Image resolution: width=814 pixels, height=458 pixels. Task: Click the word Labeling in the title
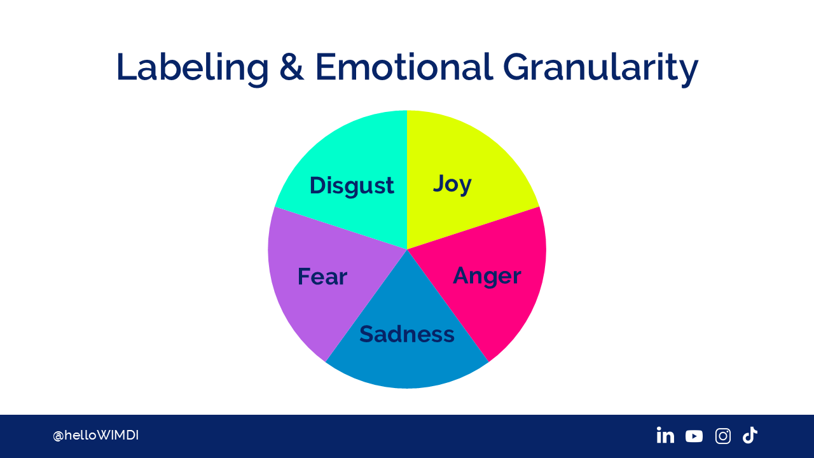pos(193,68)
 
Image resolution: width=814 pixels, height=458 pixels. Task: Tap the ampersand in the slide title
pos(291,67)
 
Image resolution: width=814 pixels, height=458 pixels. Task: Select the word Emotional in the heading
pos(404,67)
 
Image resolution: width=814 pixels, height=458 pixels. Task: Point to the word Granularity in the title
pos(600,68)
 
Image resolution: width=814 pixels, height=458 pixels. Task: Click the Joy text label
pos(452,184)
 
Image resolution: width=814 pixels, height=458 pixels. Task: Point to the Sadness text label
pos(407,334)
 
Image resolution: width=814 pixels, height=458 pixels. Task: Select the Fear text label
pos(322,277)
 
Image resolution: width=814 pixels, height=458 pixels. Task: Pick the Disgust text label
pos(352,186)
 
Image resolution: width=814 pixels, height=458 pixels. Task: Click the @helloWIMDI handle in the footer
pos(95,436)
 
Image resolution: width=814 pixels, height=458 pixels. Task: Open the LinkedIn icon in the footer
pos(665,435)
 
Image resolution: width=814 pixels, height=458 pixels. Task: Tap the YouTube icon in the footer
pos(694,436)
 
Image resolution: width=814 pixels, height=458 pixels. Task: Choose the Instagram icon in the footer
pos(723,436)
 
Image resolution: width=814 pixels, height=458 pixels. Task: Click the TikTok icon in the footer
pos(750,435)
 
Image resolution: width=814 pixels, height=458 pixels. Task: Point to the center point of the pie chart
pos(407,249)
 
